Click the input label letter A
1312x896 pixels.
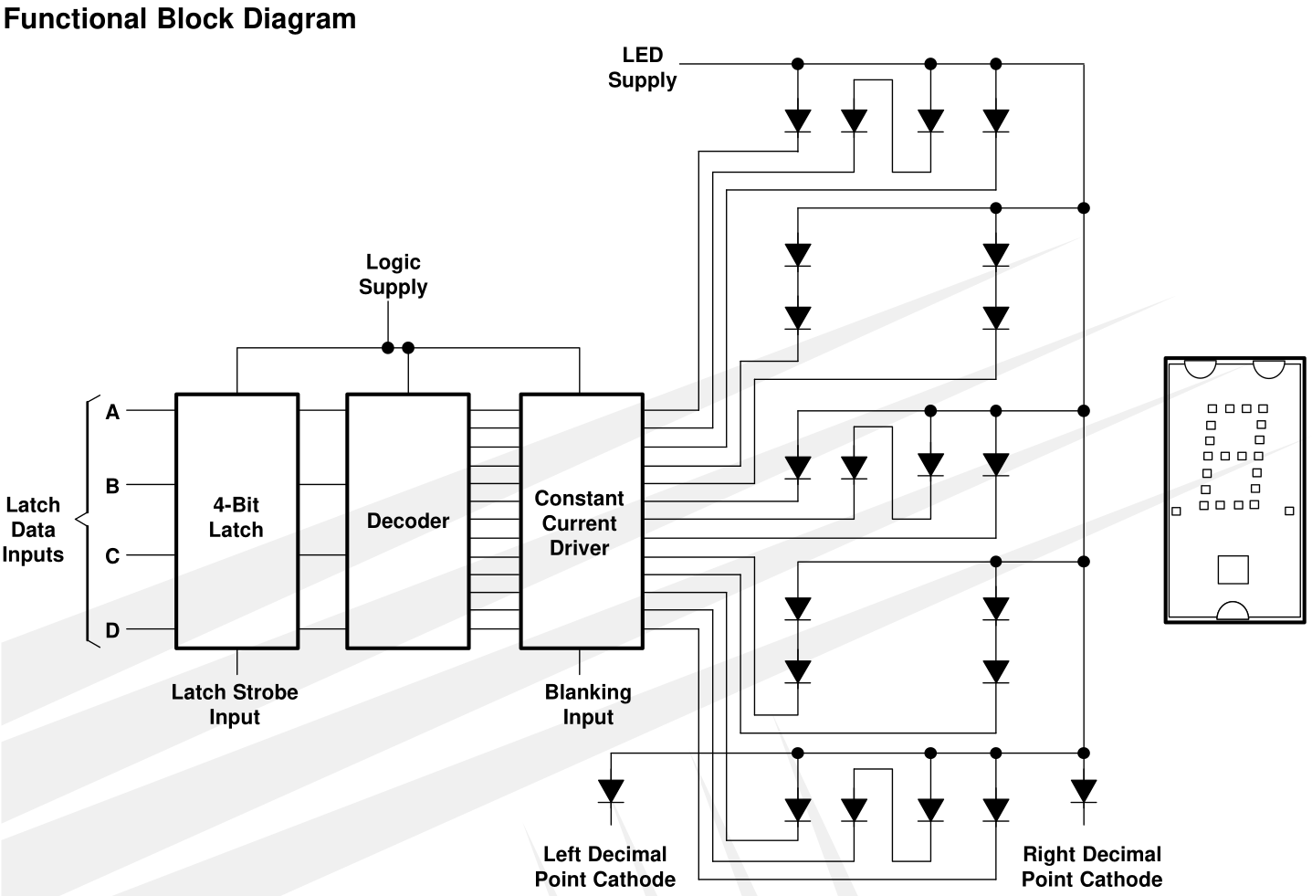(x=112, y=412)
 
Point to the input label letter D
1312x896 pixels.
(x=112, y=630)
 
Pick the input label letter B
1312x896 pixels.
(x=112, y=486)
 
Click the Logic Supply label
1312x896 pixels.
(x=393, y=274)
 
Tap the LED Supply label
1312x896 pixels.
(x=643, y=68)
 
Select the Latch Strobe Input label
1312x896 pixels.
(x=235, y=704)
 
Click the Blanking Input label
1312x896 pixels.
(x=588, y=704)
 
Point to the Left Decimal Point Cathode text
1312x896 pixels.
(x=605, y=867)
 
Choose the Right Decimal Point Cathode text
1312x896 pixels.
(x=1092, y=867)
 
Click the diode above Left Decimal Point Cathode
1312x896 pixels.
(x=611, y=791)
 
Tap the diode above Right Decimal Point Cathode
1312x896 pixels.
(x=1084, y=791)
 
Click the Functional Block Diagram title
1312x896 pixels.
(x=180, y=19)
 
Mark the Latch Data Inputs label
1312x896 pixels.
(x=33, y=530)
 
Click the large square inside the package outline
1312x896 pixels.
(x=1233, y=570)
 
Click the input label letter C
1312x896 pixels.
(x=112, y=555)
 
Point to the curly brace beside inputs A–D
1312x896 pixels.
(x=88, y=521)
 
